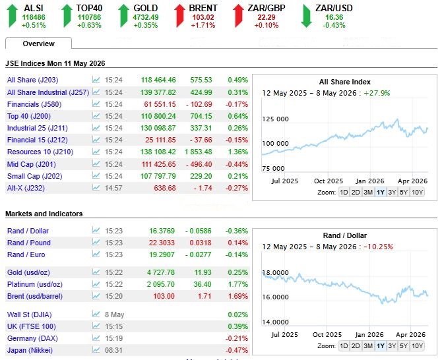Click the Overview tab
coord(39,44)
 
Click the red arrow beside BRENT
coord(180,16)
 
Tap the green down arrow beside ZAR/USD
coord(306,16)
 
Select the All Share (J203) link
coord(33,80)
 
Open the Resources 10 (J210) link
coord(40,152)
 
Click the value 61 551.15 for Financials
coord(160,104)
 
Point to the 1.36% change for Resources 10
coord(238,152)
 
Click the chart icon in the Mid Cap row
coord(96,164)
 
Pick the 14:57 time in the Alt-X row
coord(113,188)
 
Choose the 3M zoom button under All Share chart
coord(368,193)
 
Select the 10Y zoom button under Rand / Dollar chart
coord(417,346)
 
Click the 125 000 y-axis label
coord(275,119)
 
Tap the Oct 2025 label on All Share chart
coord(329,181)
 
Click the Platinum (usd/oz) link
coord(35,284)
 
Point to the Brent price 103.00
coord(164,296)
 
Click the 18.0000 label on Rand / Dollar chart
coord(275,273)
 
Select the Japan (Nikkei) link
coord(30,350)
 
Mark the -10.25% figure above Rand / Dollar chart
coord(378,247)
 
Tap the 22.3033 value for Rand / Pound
coord(162,243)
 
